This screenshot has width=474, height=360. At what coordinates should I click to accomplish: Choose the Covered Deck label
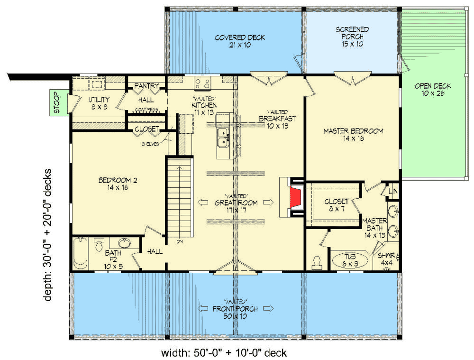tap(240, 41)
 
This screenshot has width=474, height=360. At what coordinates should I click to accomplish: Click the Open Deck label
tap(433, 90)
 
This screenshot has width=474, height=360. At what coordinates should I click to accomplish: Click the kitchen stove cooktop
tap(203, 84)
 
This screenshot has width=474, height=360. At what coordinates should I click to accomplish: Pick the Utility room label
tap(99, 103)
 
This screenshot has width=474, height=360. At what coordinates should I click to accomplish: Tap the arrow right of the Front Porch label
tap(269, 309)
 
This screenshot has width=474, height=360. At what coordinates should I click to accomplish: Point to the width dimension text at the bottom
tap(224, 352)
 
